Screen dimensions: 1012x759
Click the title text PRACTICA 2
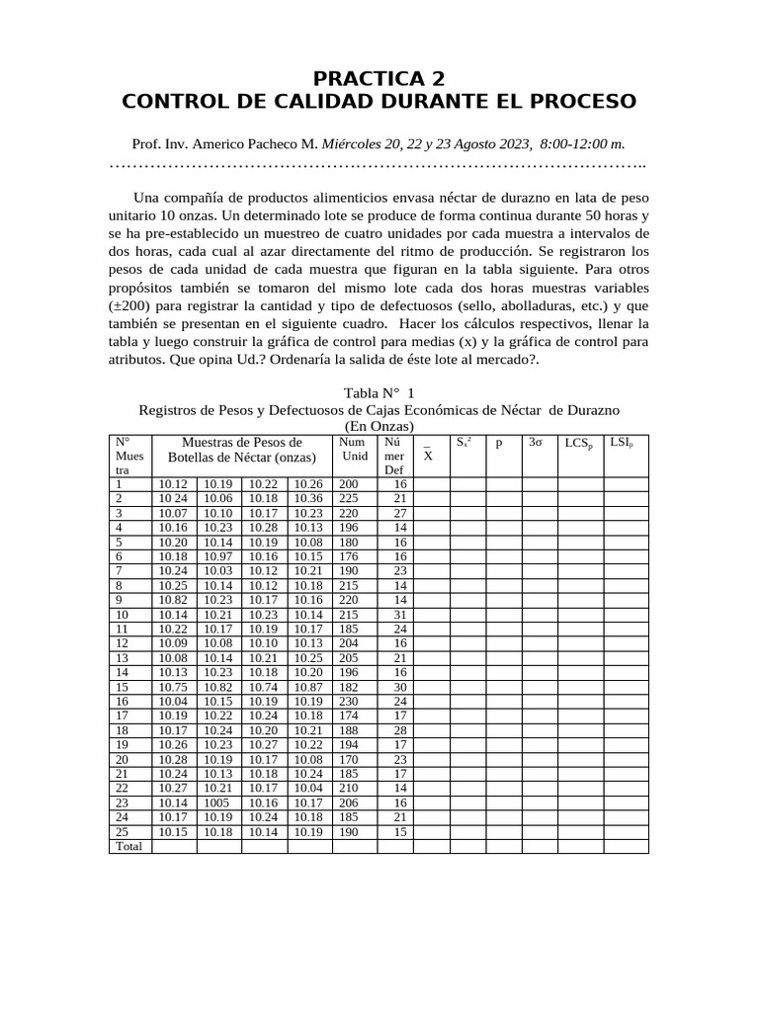point(379,78)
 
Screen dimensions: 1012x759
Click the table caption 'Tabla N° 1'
point(379,392)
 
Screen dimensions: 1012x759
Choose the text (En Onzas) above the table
point(379,425)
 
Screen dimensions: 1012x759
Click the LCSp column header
point(579,444)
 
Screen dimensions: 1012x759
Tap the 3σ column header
point(535,444)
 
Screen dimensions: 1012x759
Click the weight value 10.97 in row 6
point(218,556)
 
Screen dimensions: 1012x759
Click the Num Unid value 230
point(349,702)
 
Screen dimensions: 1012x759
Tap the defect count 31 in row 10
point(399,615)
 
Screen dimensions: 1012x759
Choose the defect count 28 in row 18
point(399,730)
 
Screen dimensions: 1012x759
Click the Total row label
point(128,847)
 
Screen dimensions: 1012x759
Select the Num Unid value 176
point(349,556)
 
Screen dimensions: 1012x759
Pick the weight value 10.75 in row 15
point(173,687)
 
